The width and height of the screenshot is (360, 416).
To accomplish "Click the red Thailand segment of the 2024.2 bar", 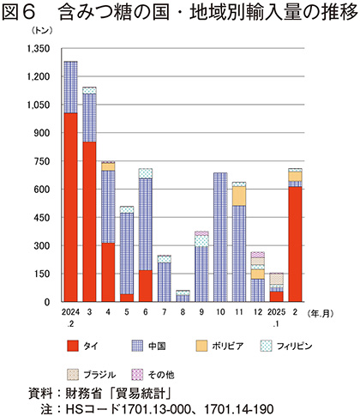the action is click(x=70, y=208).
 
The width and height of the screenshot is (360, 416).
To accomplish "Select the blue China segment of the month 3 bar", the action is click(x=89, y=118).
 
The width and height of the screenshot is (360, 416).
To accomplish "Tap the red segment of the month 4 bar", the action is click(x=108, y=273).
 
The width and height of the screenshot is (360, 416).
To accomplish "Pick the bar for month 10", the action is click(x=220, y=237).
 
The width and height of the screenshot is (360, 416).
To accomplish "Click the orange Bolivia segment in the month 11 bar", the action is click(x=239, y=196).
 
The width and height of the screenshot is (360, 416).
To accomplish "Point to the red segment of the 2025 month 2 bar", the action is click(x=295, y=244).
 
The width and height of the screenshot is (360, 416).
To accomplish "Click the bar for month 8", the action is click(x=183, y=296).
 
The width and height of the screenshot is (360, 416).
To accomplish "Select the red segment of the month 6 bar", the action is click(x=146, y=286).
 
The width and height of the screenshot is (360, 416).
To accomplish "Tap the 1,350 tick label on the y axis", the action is click(x=39, y=49).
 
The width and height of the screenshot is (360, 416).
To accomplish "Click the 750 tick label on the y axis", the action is click(x=42, y=161).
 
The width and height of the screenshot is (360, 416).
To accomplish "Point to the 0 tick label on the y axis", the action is click(x=47, y=302).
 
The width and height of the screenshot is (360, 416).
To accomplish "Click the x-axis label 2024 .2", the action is click(x=70, y=317).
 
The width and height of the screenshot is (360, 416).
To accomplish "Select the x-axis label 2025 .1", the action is click(x=276, y=317).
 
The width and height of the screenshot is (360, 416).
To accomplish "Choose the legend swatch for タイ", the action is click(x=73, y=346).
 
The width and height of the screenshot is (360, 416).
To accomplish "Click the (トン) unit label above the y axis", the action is click(x=42, y=31).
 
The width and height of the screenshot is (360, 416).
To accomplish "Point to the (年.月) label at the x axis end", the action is click(x=321, y=314).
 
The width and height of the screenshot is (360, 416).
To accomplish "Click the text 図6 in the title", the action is click(x=19, y=13).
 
